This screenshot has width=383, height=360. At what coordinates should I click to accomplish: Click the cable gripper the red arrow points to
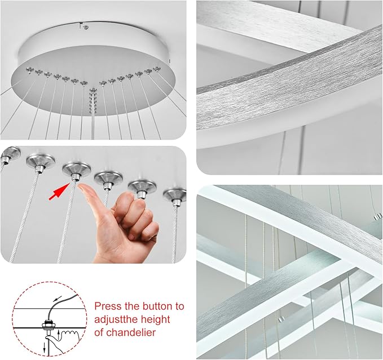point(76,170)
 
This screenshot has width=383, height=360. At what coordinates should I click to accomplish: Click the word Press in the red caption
point(107,306)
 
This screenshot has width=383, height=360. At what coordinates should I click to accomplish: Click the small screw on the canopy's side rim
point(82,25)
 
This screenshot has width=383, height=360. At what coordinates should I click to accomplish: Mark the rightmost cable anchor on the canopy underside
point(157,69)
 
